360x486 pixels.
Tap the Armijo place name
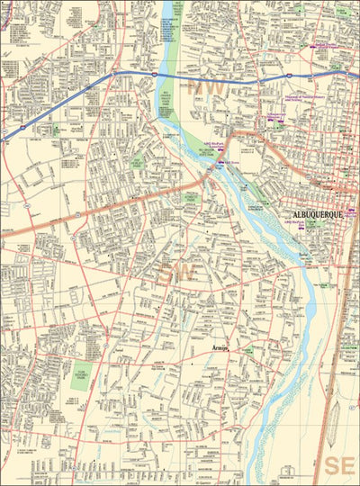pos(220,346)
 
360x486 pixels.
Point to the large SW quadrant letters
pos(174,269)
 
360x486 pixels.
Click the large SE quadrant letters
pos(340,465)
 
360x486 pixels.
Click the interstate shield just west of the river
pos(153,73)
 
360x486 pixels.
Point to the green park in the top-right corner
pos(343,13)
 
